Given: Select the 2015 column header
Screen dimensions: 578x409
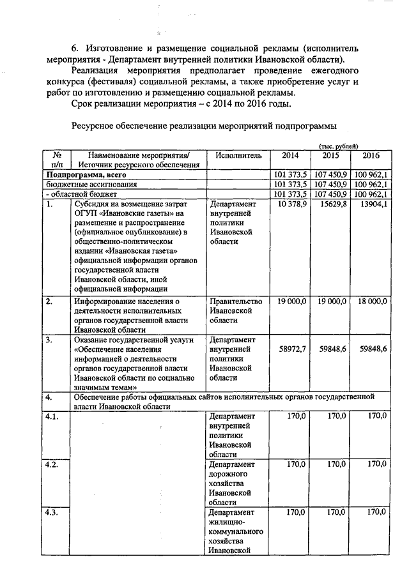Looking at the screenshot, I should (x=330, y=155).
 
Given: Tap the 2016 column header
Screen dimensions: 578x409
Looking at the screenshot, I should (x=371, y=155).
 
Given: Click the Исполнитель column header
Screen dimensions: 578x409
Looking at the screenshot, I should (x=239, y=155).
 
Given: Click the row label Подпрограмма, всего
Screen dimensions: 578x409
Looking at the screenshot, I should (x=83, y=174).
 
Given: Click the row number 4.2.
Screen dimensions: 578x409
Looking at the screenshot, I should (x=52, y=464).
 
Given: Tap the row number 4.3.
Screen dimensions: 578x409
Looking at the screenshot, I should (x=52, y=512).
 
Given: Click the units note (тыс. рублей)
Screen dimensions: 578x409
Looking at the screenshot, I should (x=339, y=146).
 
